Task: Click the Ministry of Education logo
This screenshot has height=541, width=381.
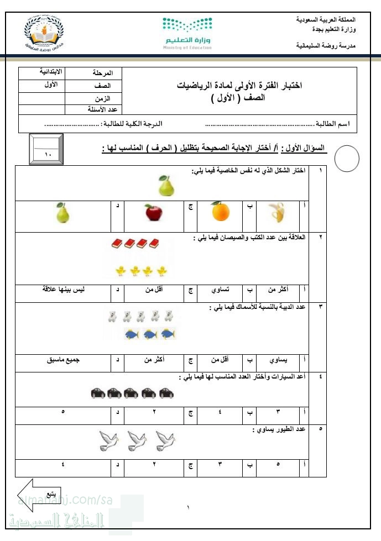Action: click(187, 33)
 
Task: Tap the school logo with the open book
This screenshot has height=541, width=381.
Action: click(46, 34)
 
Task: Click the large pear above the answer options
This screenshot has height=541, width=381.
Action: click(166, 186)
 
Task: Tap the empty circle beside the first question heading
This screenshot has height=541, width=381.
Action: click(347, 159)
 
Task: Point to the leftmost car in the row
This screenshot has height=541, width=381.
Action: click(97, 393)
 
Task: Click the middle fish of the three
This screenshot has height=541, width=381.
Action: click(150, 334)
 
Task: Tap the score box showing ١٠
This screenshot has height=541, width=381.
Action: click(46, 149)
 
